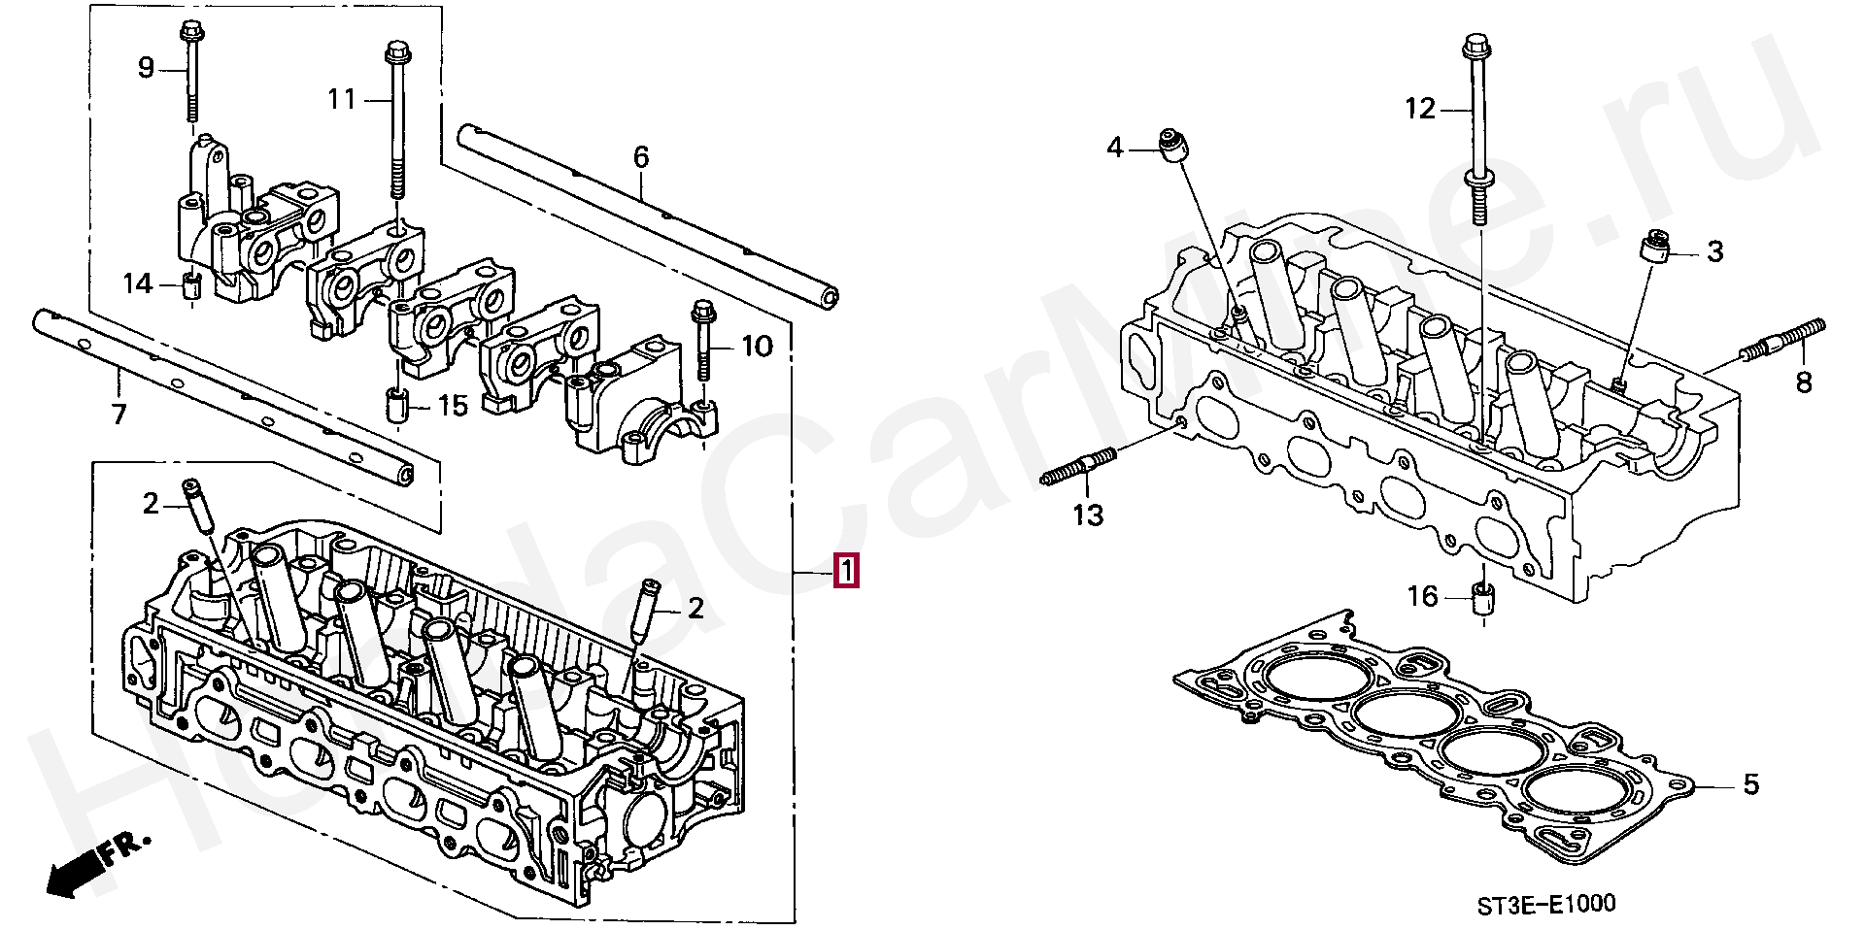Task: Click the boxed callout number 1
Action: coord(846,572)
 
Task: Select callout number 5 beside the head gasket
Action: coord(1750,784)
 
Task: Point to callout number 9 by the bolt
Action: coord(146,68)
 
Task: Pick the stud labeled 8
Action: coord(1783,342)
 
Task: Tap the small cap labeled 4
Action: coord(1173,146)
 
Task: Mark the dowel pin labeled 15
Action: coord(395,406)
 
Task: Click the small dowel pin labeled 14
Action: coord(191,285)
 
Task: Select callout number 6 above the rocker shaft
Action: coord(641,156)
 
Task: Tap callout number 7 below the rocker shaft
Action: coord(119,415)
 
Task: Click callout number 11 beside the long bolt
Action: coord(342,99)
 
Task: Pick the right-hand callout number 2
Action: coord(695,609)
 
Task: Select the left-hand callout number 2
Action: coord(151,503)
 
